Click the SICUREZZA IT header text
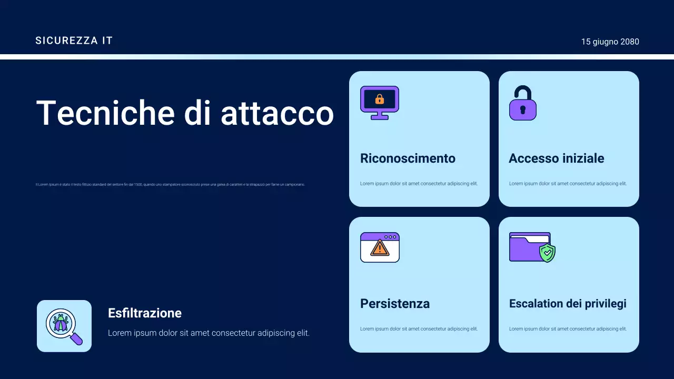[x=74, y=41]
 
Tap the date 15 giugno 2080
[x=610, y=42]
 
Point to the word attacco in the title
[x=277, y=113]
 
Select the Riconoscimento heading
[x=408, y=158]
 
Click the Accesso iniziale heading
[x=556, y=158]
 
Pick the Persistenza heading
[x=395, y=304]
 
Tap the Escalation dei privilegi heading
[x=568, y=304]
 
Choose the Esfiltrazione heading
[x=145, y=313]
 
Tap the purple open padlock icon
[x=522, y=103]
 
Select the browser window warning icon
[x=380, y=247]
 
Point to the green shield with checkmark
[x=548, y=253]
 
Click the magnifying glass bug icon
[x=64, y=326]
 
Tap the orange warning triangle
[x=379, y=248]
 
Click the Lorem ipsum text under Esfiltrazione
[x=209, y=333]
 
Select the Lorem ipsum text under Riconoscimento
[x=419, y=184]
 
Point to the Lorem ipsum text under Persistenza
[x=419, y=329]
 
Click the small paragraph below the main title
[x=170, y=185]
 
